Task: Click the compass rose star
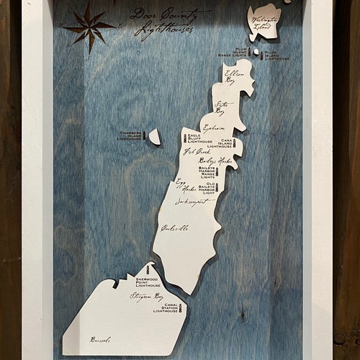point(89,27)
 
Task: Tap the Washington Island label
point(263,22)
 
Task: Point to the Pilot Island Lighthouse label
point(277,55)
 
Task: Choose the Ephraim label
point(214,127)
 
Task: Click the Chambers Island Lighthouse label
point(129,135)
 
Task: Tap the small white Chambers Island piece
point(155,136)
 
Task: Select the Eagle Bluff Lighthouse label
point(199,138)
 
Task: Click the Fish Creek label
point(196,152)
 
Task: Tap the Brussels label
point(100,339)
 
